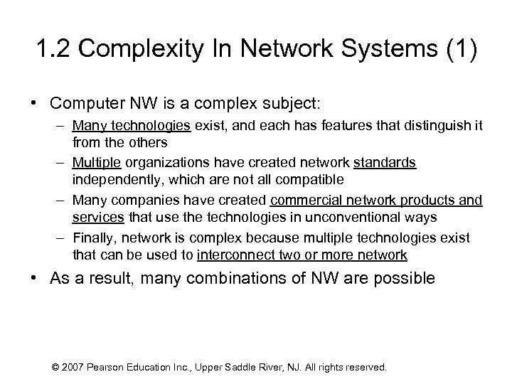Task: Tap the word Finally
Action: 92,237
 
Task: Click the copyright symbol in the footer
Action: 56,368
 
